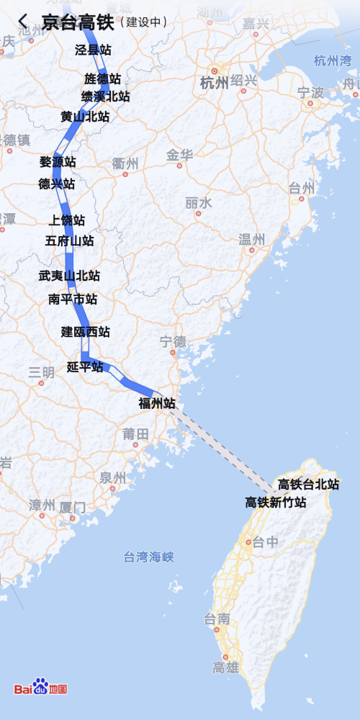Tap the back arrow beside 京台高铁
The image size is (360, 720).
click(23, 22)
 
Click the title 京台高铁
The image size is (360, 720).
click(78, 22)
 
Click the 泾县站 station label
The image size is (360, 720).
click(94, 50)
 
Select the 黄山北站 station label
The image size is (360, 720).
click(85, 117)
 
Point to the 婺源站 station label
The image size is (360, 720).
click(58, 162)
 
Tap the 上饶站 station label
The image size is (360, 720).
click(67, 220)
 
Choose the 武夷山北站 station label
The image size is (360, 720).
click(69, 276)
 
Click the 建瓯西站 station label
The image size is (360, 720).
click(86, 332)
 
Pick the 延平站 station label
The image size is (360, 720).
click(85, 367)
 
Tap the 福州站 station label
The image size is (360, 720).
click(157, 404)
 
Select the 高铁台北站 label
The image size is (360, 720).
click(309, 485)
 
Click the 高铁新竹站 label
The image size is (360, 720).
click(276, 503)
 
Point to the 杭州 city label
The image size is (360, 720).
click(215, 83)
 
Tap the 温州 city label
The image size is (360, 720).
click(252, 239)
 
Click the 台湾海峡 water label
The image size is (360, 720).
click(149, 557)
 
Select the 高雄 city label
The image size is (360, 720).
click(225, 667)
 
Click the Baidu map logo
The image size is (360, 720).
click(41, 688)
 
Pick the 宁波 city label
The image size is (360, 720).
click(310, 92)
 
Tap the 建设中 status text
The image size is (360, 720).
click(147, 22)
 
